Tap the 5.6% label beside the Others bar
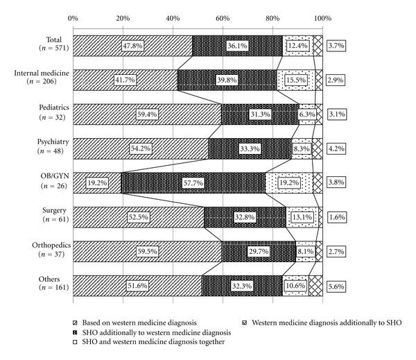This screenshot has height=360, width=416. [x=336, y=285]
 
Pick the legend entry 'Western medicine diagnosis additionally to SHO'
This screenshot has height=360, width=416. [x=327, y=322]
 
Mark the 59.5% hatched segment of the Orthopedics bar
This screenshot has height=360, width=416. [x=147, y=251]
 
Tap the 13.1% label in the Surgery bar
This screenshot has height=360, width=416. [x=302, y=217]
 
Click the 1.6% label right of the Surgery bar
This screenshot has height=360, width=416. [x=336, y=217]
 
